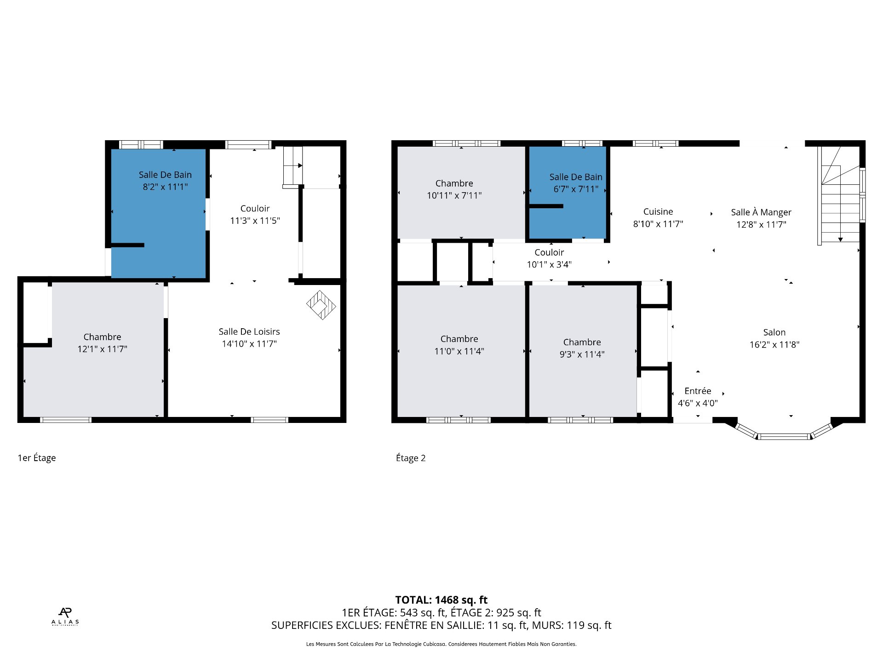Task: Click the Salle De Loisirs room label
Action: [x=249, y=331]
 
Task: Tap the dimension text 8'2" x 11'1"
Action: [x=165, y=187]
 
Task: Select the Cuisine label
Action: [x=658, y=211]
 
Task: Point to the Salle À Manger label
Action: [x=761, y=212]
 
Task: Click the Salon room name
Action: [x=774, y=332]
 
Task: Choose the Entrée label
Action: [x=698, y=391]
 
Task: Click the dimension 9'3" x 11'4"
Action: [x=582, y=354]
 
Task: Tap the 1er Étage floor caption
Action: [x=37, y=458]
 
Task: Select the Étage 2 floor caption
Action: [x=411, y=458]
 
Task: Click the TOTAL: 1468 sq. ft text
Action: [x=441, y=600]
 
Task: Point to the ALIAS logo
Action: [x=65, y=616]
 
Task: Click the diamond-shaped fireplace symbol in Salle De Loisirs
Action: [x=321, y=305]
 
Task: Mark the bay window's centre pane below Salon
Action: [x=784, y=436]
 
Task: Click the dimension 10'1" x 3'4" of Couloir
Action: [x=549, y=264]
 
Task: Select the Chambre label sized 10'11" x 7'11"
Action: [x=454, y=183]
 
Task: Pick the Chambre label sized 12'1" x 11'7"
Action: [x=102, y=337]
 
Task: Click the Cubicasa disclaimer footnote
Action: [x=441, y=644]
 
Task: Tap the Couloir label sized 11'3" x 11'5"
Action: [x=255, y=209]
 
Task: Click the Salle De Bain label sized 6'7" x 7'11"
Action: [x=576, y=177]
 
